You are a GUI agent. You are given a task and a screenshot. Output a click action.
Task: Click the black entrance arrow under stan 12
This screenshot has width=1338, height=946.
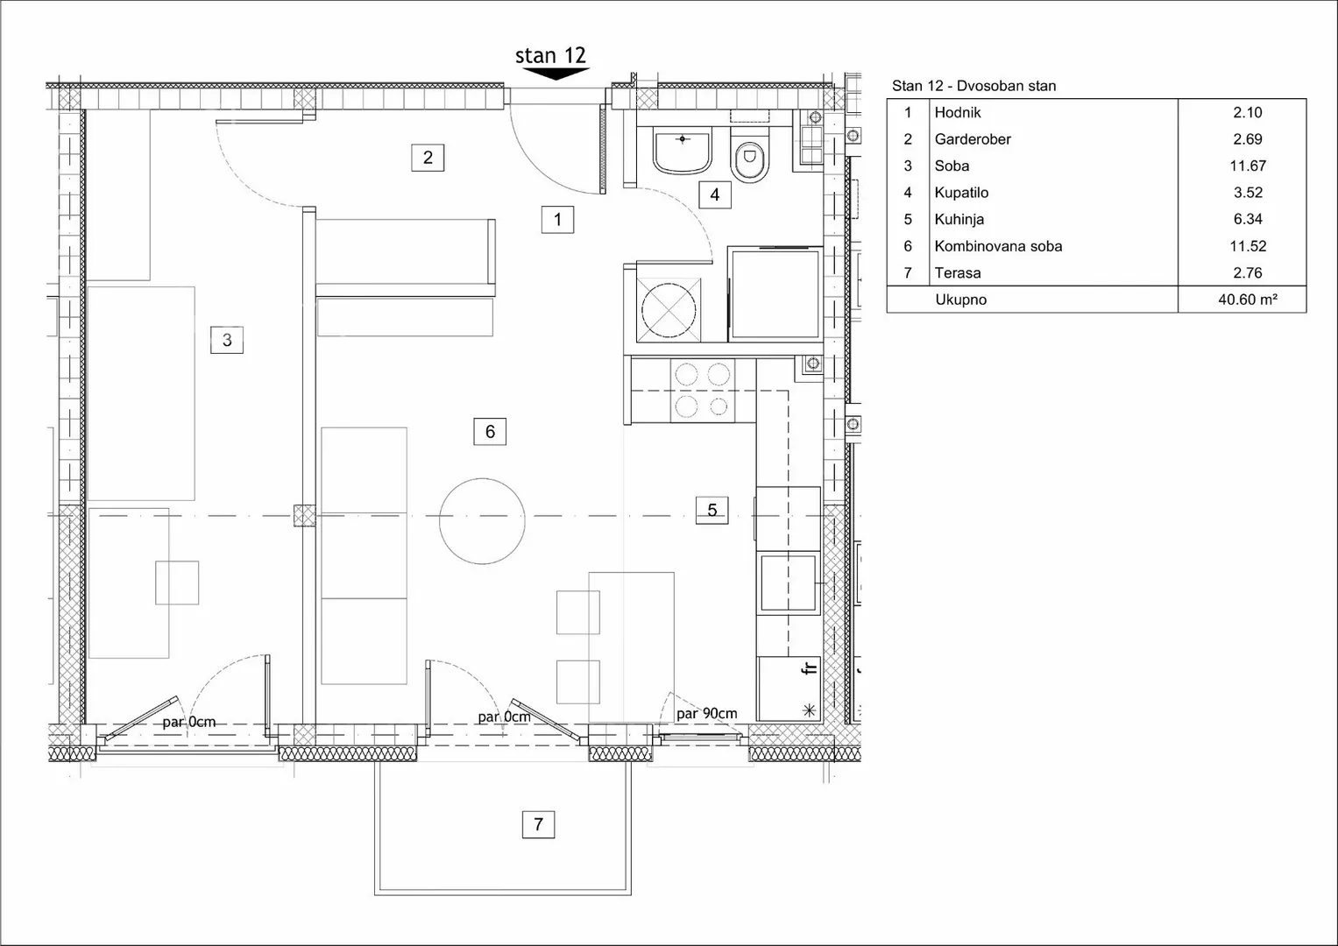[556, 74]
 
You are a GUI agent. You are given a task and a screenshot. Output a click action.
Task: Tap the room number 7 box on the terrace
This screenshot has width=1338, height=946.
[538, 824]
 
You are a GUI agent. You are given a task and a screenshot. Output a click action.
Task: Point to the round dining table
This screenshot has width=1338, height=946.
[482, 521]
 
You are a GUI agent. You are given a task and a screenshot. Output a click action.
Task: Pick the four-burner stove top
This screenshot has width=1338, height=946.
[703, 391]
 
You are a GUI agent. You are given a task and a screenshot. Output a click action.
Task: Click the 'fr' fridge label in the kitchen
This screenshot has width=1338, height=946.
[810, 667]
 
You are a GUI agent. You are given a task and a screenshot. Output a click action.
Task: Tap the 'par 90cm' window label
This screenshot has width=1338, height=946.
[706, 713]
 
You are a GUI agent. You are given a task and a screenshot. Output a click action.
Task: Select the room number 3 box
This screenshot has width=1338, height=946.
[227, 340]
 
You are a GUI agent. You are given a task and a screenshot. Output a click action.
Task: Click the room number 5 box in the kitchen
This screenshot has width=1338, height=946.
[712, 510]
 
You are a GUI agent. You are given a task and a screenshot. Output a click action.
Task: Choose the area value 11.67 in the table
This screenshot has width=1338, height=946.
[1248, 166]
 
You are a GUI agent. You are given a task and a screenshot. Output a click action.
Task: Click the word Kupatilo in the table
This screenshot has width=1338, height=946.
[961, 193]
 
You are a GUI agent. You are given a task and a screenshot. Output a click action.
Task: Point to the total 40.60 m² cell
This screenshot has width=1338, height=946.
[1248, 300]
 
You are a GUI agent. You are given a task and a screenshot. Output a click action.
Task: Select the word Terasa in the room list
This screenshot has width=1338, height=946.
[958, 273]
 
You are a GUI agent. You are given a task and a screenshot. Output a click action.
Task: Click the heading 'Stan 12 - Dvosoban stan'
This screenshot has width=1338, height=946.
[973, 86]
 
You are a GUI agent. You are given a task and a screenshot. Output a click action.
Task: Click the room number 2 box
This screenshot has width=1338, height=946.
[428, 158]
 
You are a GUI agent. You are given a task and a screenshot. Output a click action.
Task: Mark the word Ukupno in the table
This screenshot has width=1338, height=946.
[960, 300]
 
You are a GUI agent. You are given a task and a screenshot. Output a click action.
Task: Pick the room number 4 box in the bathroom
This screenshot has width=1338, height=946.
[715, 194]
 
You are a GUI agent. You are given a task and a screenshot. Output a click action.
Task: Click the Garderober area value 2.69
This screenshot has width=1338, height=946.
[1248, 139]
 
